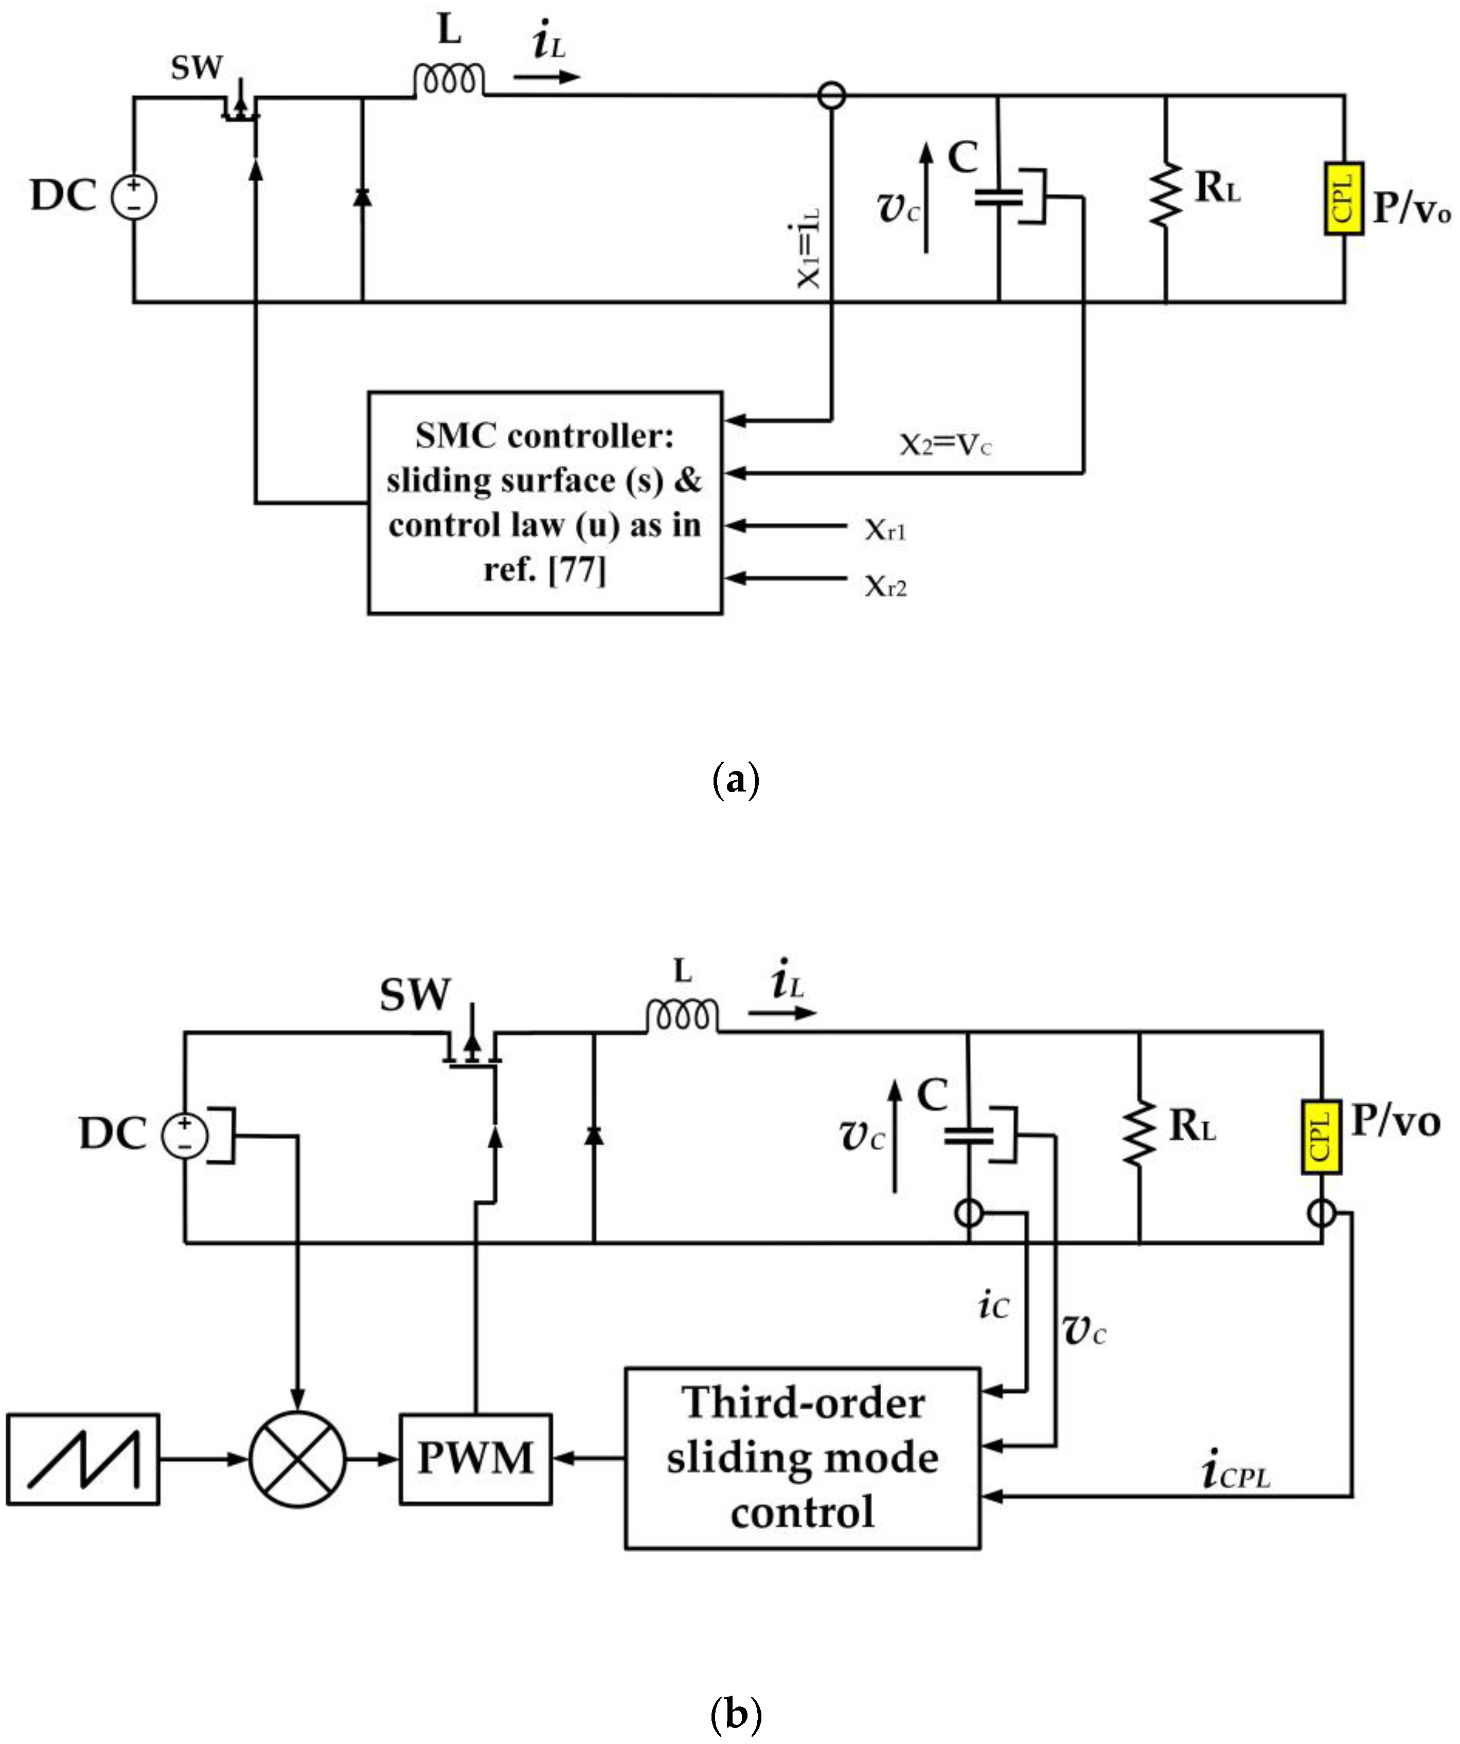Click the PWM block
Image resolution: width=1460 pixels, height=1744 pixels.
click(475, 1459)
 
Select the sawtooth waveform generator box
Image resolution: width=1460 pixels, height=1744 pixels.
click(83, 1459)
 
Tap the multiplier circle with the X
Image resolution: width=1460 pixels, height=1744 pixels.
click(297, 1459)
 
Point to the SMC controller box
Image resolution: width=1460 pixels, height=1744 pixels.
click(545, 502)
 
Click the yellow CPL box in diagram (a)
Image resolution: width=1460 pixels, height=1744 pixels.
click(1344, 199)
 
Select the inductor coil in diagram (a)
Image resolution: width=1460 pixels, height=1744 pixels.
click(449, 81)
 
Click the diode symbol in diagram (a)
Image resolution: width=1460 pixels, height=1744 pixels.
click(362, 197)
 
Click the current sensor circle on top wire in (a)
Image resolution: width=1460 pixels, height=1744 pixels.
click(831, 96)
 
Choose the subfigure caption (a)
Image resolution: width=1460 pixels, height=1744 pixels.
click(736, 781)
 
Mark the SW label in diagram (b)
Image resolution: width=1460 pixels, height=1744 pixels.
click(415, 994)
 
